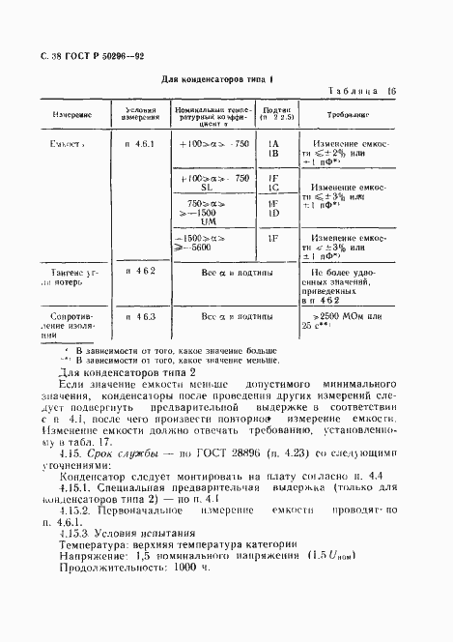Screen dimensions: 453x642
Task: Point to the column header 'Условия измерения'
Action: coord(140,113)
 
